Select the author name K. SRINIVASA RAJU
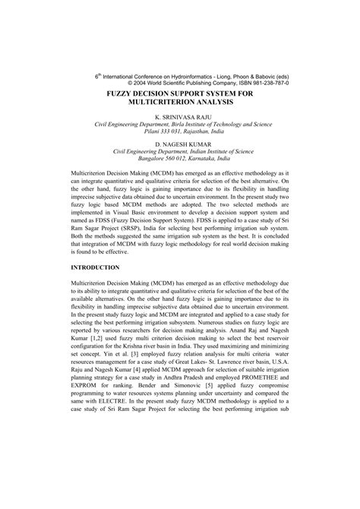point(180,119)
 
